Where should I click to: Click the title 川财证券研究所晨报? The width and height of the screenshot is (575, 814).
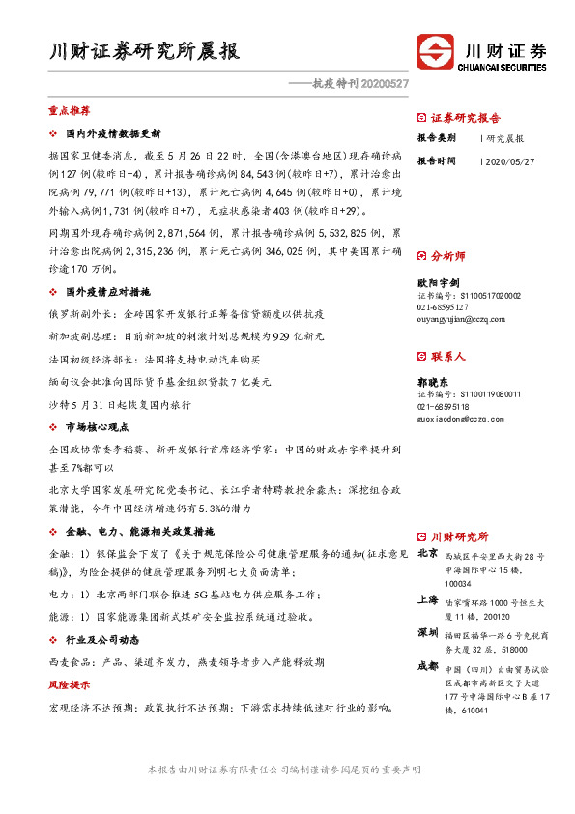click(x=145, y=52)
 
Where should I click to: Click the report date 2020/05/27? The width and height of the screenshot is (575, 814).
click(x=509, y=161)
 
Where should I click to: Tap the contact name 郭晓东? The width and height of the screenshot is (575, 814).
click(x=433, y=382)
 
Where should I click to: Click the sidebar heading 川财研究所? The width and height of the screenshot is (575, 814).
click(x=459, y=537)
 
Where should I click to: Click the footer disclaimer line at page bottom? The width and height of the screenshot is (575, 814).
click(x=287, y=770)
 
